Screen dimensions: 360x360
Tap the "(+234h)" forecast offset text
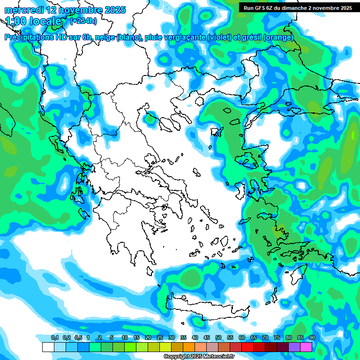click(83, 21)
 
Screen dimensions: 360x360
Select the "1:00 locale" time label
click(34, 22)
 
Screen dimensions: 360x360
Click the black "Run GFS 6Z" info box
click(296, 8)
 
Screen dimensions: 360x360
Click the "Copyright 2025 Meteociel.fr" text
click(199, 357)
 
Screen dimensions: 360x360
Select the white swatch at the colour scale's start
click(48, 347)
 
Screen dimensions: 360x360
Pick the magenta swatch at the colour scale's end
click(306, 347)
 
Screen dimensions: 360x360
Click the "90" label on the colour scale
click(312, 338)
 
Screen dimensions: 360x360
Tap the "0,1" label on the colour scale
click(54, 338)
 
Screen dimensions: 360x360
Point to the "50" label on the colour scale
click(218, 338)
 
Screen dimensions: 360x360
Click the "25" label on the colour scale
click(160, 338)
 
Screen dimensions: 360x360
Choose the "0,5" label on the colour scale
click(78, 338)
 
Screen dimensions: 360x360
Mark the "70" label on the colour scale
click(265, 338)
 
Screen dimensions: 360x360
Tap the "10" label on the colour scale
click(125, 338)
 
